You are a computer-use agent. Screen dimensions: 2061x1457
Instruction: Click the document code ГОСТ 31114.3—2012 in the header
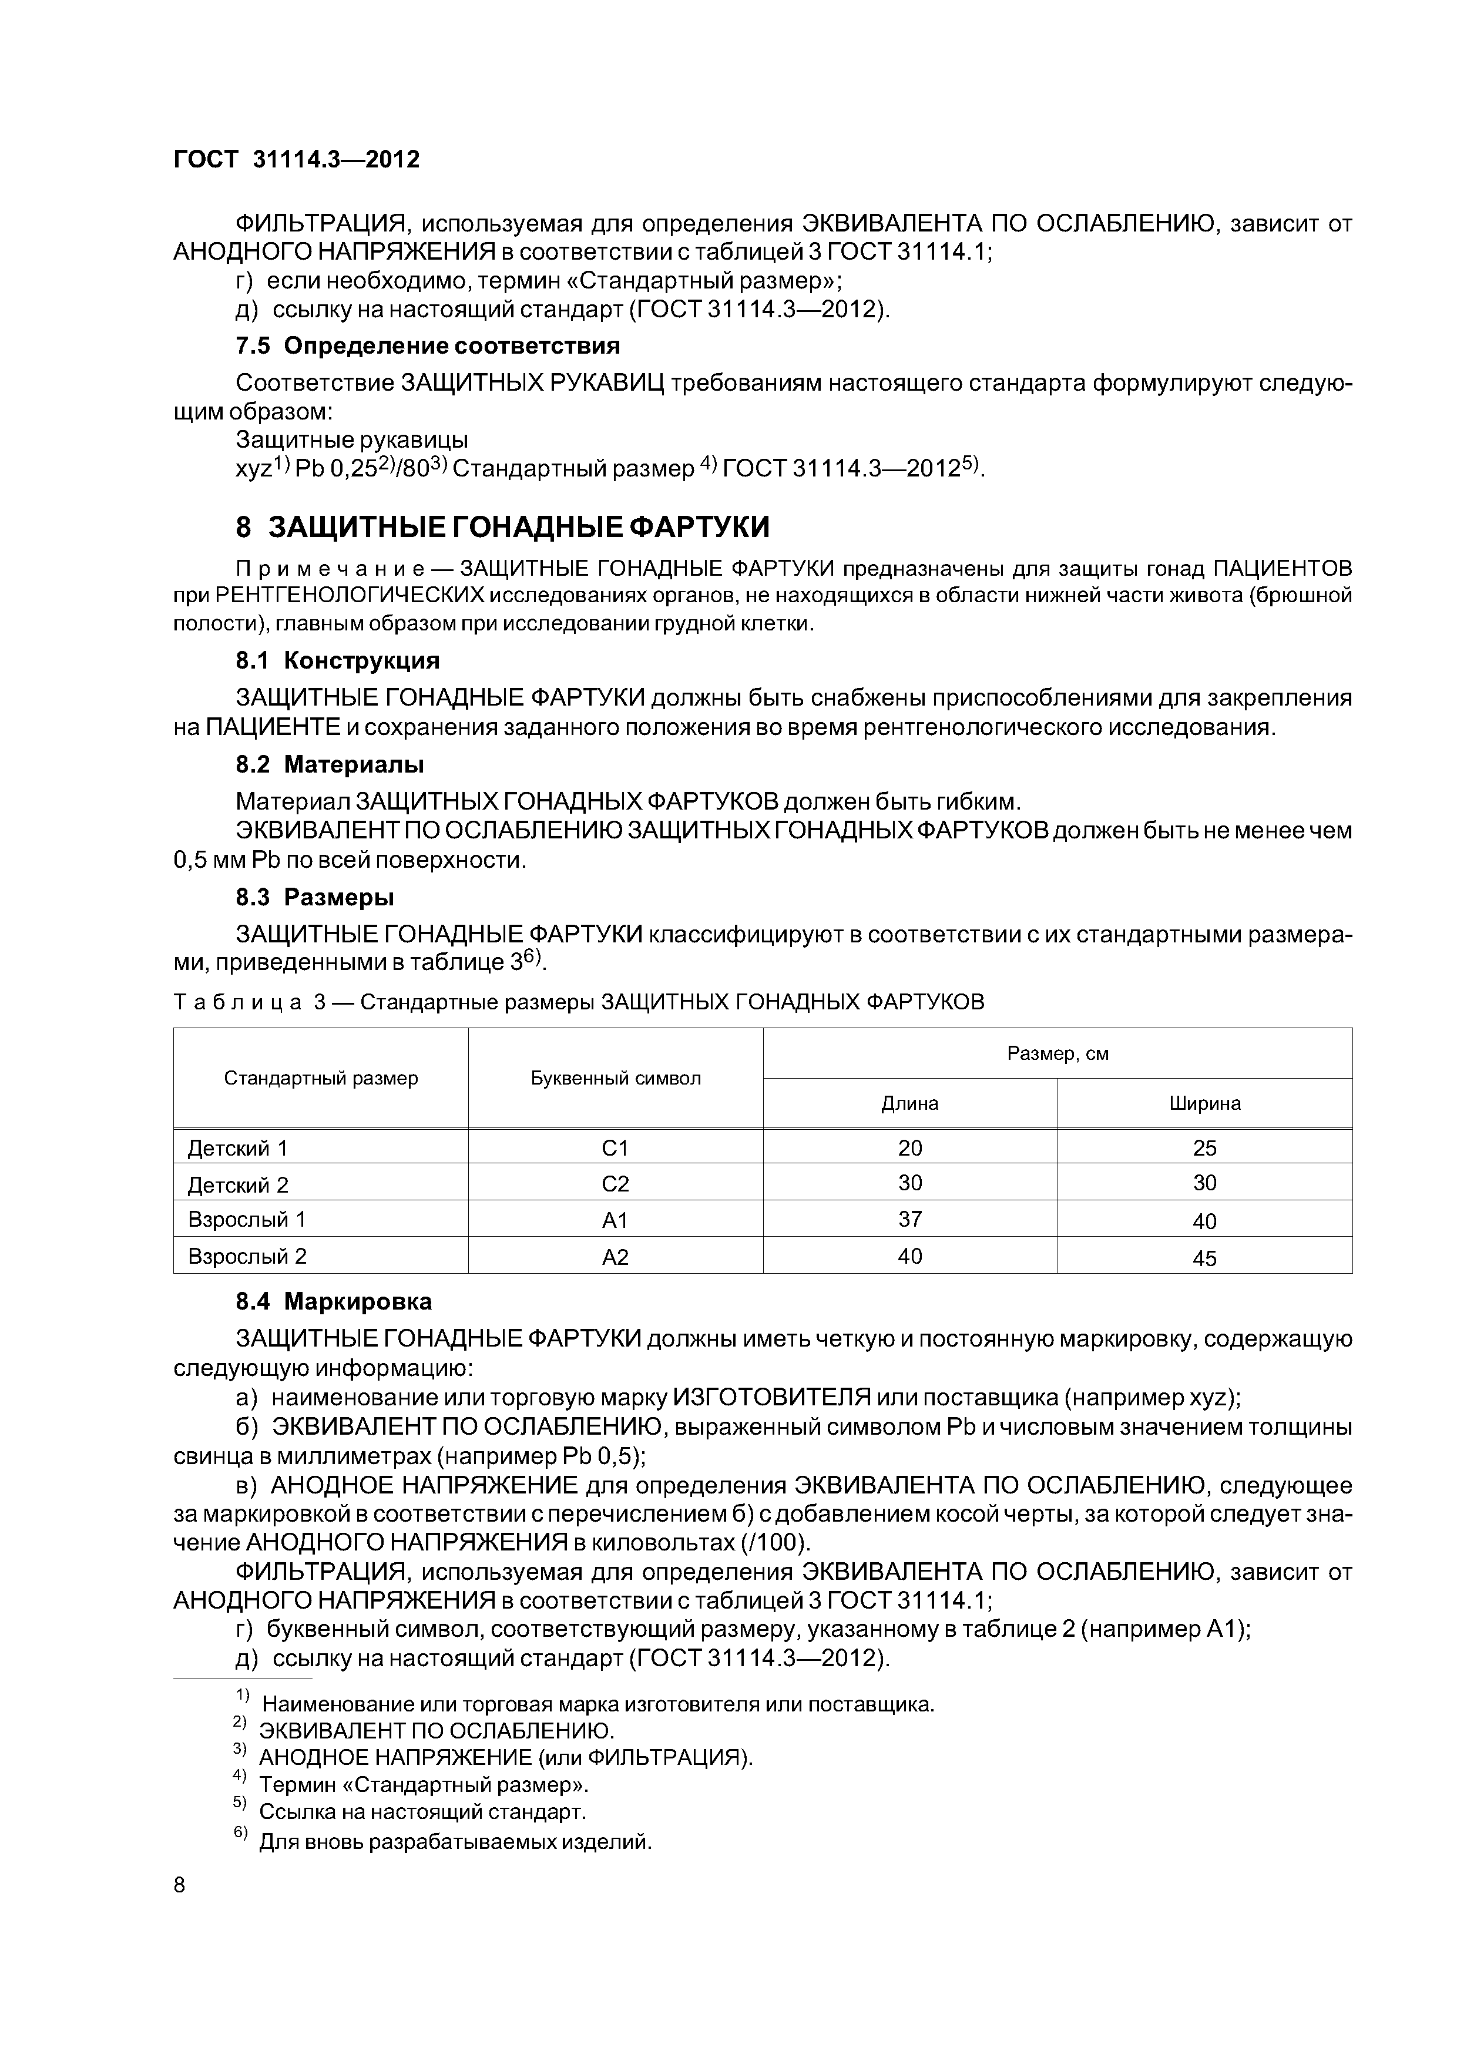pos(296,160)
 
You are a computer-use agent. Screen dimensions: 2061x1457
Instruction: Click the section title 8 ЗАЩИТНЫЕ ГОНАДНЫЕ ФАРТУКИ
pos(503,527)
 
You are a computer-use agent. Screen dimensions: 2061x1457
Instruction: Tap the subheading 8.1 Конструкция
pos(338,661)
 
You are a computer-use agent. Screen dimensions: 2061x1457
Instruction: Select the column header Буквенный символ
pos(615,1078)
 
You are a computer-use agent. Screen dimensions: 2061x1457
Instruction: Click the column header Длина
pos(909,1103)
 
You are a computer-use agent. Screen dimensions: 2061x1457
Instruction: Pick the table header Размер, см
pos(1057,1053)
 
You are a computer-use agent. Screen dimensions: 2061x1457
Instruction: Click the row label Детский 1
pos(238,1148)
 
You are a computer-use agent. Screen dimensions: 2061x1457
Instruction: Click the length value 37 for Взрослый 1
pos(909,1219)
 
